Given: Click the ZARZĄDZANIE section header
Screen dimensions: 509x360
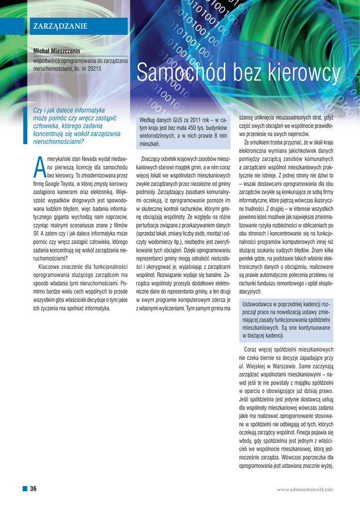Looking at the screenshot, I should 60,26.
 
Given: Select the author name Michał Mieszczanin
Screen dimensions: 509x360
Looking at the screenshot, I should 56,51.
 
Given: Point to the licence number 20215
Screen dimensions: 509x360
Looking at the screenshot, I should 93,69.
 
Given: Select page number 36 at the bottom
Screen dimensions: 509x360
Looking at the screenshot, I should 34,489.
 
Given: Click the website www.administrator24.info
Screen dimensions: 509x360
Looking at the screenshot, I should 305,490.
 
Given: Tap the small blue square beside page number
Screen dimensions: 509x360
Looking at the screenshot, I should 24,489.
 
